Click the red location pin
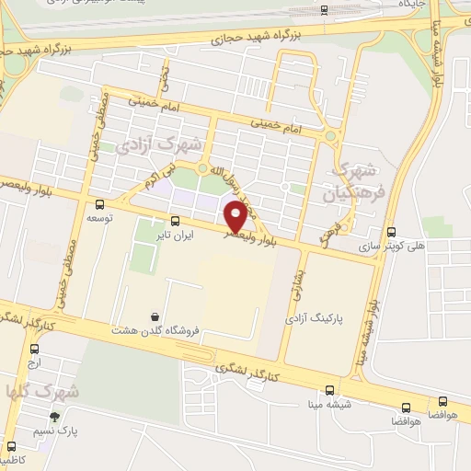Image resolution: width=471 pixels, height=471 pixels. (x=236, y=216)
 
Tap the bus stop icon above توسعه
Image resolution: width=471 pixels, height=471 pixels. (x=99, y=205)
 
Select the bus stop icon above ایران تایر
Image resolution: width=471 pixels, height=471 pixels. (x=176, y=221)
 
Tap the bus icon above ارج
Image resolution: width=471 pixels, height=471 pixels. (x=34, y=349)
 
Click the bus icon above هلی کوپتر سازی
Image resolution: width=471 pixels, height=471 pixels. (x=392, y=232)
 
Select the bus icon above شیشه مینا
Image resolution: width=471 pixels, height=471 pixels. (x=330, y=389)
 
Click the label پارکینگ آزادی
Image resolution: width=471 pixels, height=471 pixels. (x=339, y=317)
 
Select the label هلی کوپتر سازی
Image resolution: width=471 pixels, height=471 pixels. (x=392, y=247)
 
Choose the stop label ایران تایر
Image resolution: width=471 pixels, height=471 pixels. (x=176, y=235)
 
